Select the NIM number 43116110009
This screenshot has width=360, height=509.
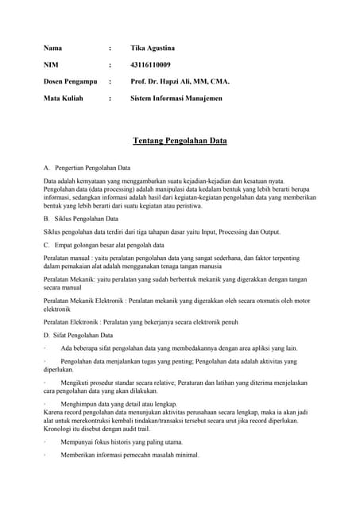pos(150,64)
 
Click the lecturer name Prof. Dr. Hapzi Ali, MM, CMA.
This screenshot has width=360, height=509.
pos(180,81)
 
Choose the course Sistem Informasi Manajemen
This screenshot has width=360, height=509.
pos(176,98)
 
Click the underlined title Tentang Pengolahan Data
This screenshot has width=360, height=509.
pos(180,141)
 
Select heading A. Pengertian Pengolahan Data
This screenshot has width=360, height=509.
pos(87,169)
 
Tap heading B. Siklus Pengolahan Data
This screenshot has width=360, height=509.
pos(81,218)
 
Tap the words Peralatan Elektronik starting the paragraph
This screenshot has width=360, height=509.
pos(72,322)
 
